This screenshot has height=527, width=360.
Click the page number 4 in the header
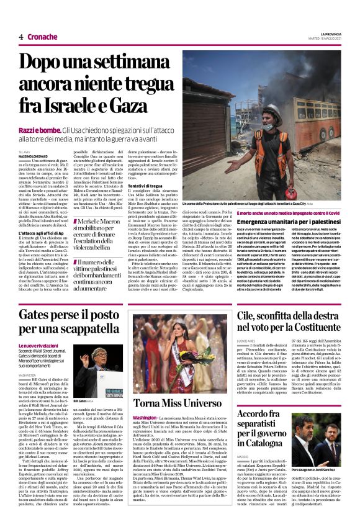click(20, 37)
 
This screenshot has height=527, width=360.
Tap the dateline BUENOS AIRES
click(246, 341)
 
